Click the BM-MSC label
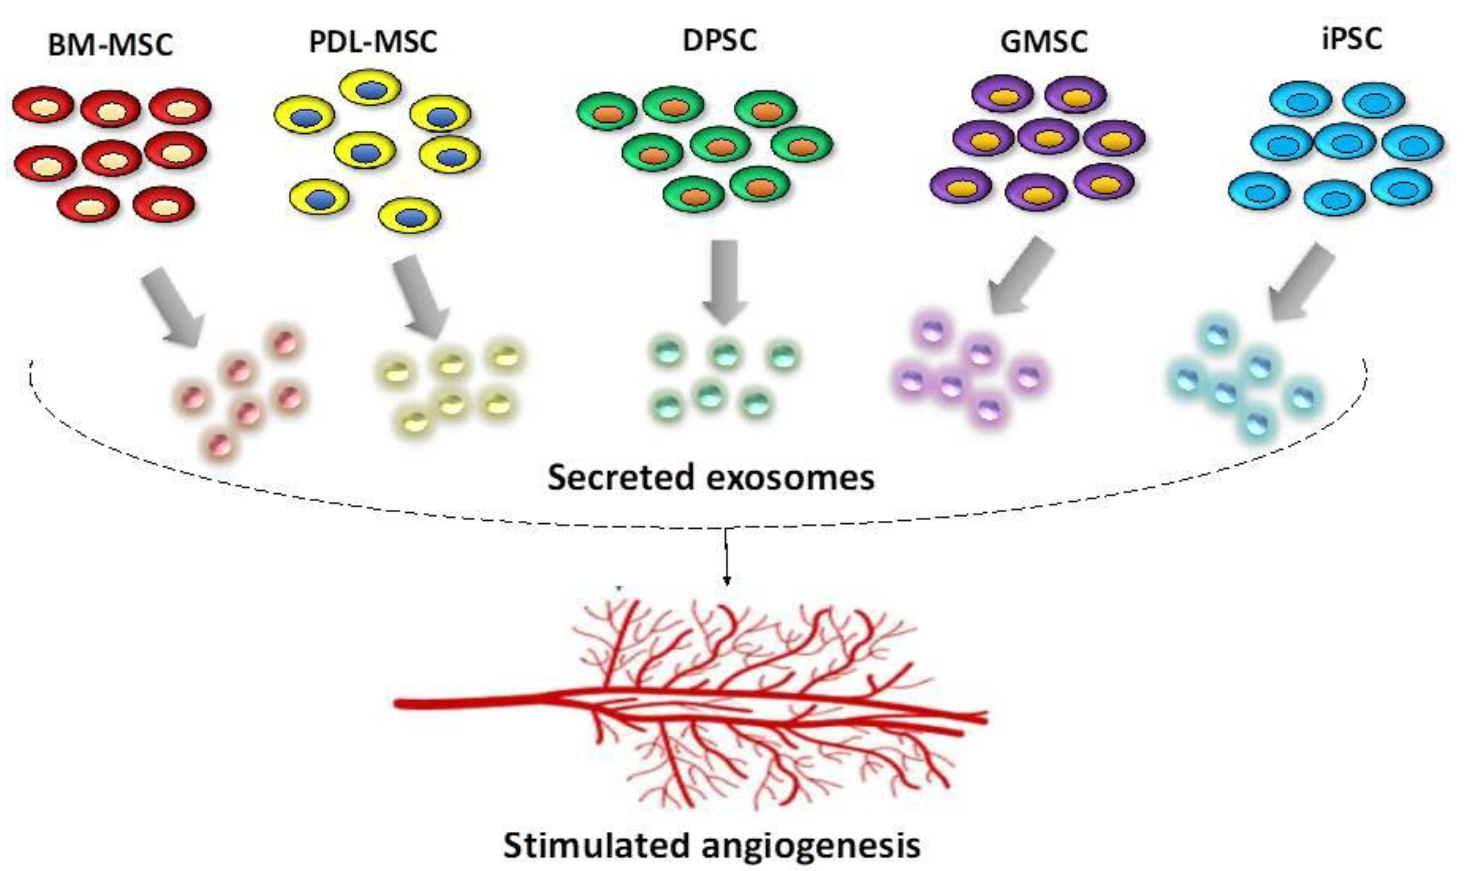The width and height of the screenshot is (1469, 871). [x=110, y=45]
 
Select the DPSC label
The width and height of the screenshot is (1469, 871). [x=719, y=40]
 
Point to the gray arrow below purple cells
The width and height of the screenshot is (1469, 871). [x=1018, y=277]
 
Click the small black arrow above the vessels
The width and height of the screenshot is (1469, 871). [x=727, y=557]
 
